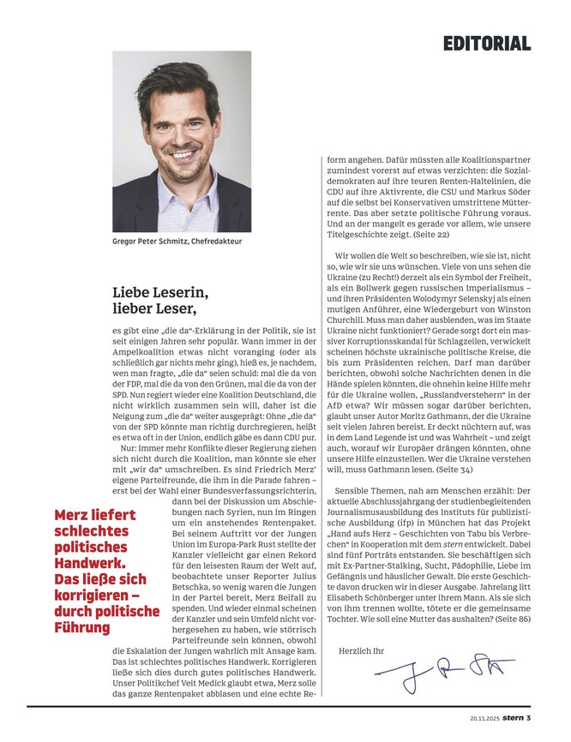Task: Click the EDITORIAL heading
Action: click(x=486, y=43)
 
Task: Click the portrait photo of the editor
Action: click(x=181, y=141)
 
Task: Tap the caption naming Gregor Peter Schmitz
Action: click(x=177, y=242)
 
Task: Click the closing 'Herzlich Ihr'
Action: click(x=362, y=650)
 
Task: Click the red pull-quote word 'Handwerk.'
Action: click(x=90, y=565)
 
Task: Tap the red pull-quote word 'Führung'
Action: click(x=83, y=627)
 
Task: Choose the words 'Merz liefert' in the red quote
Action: click(x=95, y=515)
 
